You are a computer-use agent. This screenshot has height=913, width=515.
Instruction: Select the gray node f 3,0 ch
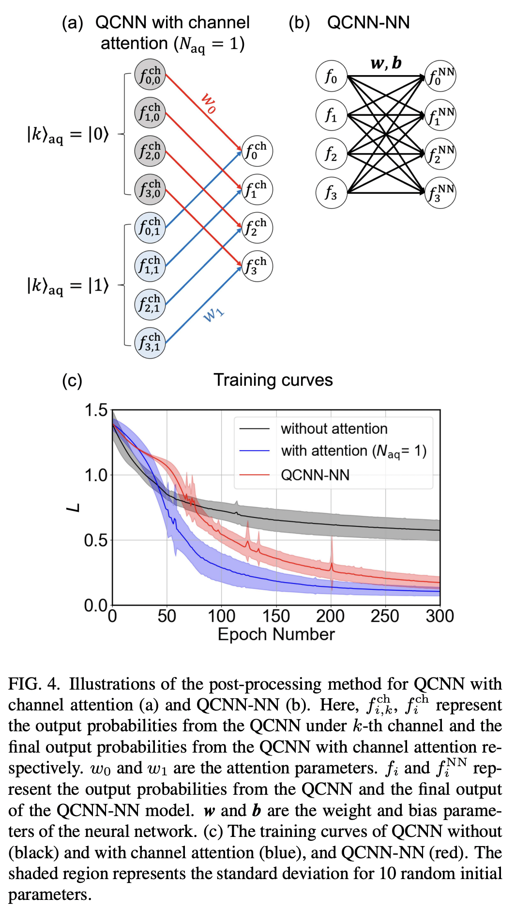click(x=150, y=189)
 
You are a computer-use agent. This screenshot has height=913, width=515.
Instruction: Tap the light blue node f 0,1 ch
click(x=150, y=228)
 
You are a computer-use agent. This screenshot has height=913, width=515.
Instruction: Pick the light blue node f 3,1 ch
click(x=150, y=343)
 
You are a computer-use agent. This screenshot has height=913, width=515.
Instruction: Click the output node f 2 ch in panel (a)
click(x=257, y=228)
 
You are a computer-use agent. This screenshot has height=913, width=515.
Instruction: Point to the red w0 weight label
click(x=209, y=103)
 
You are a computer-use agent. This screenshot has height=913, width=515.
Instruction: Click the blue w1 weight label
click(x=213, y=315)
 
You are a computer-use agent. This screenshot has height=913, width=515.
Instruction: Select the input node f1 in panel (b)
click(x=331, y=115)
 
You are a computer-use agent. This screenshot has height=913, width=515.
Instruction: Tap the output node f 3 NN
click(x=440, y=193)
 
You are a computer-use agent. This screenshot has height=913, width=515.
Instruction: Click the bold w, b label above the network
click(x=386, y=63)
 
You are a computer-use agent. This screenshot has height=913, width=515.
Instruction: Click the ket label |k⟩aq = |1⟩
click(x=68, y=285)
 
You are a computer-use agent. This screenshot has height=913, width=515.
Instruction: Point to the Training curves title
click(x=273, y=380)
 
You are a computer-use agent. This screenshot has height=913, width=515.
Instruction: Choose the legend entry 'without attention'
click(x=334, y=429)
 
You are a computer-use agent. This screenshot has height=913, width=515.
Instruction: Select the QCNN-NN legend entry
click(x=315, y=475)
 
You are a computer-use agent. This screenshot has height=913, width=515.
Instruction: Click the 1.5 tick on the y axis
click(x=96, y=410)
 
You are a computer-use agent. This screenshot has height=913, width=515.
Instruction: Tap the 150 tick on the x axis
click(x=276, y=616)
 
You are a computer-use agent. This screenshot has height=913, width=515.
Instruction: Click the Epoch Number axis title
click(x=276, y=634)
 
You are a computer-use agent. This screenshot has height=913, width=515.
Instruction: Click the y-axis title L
click(x=73, y=508)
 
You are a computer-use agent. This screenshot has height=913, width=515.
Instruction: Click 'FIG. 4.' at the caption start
click(x=34, y=684)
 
